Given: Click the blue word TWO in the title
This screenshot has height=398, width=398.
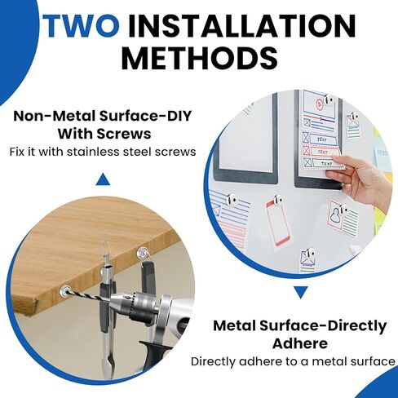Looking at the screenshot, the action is click(82, 25).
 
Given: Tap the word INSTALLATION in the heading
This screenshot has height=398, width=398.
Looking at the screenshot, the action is click(242, 25).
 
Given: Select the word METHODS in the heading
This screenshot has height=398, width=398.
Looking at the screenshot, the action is click(200, 58).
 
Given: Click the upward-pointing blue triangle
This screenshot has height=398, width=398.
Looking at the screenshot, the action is click(103, 179).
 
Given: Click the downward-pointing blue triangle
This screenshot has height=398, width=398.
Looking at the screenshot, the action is click(301, 293).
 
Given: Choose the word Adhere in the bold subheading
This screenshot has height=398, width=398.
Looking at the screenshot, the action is click(300, 343).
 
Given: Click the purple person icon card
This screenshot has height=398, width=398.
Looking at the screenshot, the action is click(343, 219).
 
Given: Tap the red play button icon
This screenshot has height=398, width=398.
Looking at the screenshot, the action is click(319, 104).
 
